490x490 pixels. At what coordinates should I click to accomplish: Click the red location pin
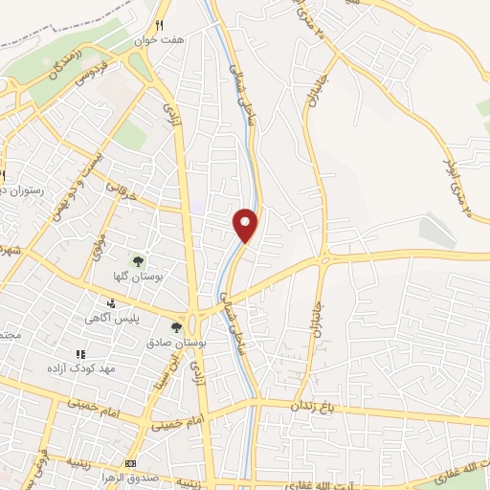[246, 225]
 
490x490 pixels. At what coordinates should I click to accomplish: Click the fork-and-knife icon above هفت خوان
[161, 26]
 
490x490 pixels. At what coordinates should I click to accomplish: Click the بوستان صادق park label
[172, 342]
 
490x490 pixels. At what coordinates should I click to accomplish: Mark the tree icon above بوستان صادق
[175, 327]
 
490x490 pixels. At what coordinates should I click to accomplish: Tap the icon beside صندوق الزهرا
[130, 464]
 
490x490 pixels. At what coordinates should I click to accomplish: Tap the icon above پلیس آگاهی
[111, 303]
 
